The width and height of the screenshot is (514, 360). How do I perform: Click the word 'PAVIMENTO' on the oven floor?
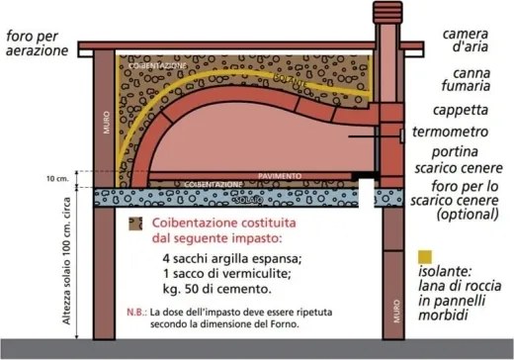(279, 174)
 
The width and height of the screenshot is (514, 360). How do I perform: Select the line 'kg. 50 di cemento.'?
(213, 292)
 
